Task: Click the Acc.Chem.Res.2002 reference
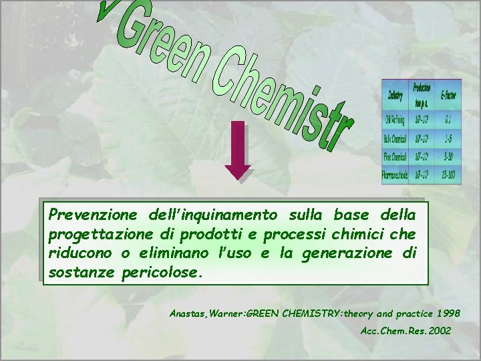coord(406,331)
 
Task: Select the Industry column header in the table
coord(395,96)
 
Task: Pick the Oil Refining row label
coord(395,120)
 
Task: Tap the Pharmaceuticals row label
coord(395,176)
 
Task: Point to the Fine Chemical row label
coord(395,158)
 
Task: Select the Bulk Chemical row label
coord(395,139)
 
